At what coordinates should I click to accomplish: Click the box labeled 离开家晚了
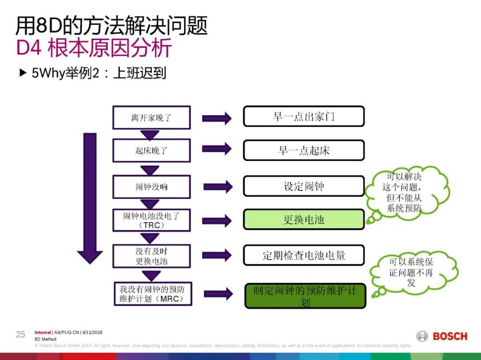tap(151, 117)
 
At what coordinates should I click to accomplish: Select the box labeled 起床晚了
tap(151, 150)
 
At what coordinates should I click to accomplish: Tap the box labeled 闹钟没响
tap(151, 186)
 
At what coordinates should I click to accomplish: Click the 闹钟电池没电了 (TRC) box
tap(151, 220)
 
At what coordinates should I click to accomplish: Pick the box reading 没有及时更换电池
tap(151, 256)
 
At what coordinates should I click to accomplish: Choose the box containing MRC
tap(151, 294)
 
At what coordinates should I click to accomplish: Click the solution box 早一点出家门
tap(303, 117)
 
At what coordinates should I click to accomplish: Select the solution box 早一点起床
tap(303, 150)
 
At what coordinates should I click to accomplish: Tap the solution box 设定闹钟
tap(303, 186)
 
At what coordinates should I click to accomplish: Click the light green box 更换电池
tap(303, 220)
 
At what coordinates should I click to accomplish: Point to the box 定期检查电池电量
tap(303, 255)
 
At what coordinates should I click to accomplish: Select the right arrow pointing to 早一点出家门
tap(217, 118)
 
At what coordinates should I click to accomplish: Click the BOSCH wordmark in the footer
tap(450, 336)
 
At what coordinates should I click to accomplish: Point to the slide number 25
tap(20, 335)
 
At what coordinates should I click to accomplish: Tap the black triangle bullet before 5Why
tap(23, 73)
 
